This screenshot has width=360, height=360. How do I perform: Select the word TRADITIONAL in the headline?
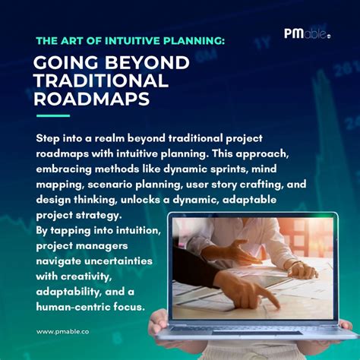coord(101,81)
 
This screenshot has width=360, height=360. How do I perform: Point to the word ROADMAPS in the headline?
coord(93,99)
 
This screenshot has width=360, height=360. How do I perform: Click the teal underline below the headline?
coord(53,116)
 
